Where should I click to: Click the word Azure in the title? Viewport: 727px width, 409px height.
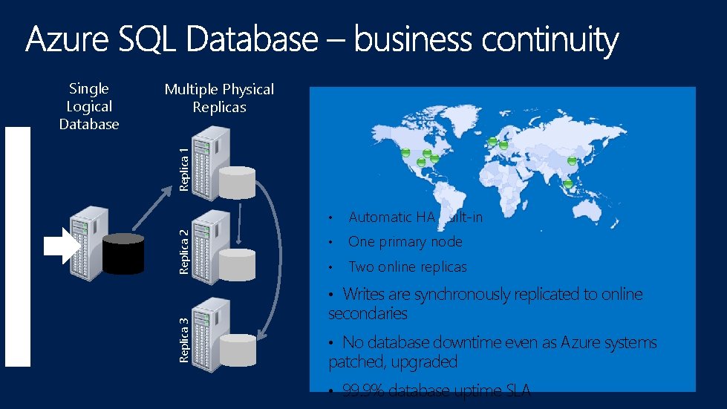coord(68,40)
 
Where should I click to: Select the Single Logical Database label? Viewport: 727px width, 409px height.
coord(89,107)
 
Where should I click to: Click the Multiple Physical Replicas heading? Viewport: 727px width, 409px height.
coord(219,98)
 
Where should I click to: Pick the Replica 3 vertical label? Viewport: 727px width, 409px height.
coord(184,339)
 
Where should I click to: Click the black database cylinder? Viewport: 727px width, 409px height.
coord(123,254)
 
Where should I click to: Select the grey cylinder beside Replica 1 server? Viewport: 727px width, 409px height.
coord(237,183)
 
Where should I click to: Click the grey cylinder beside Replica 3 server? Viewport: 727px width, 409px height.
coord(237,350)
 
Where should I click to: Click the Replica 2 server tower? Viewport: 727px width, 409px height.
coord(208,245)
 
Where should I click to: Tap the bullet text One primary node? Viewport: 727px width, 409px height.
coord(405,242)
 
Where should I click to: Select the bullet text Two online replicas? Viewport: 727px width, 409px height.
coord(407,267)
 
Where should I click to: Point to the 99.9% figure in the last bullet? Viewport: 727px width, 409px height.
coord(363,391)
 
